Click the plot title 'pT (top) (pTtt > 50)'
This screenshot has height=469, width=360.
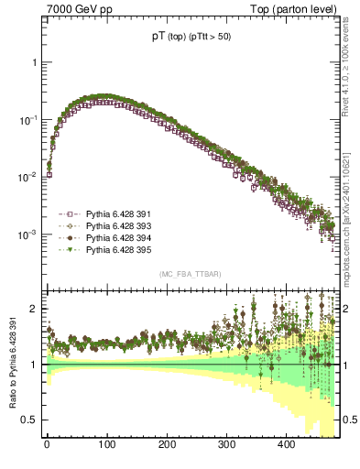193,38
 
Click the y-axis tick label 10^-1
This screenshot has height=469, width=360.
27,120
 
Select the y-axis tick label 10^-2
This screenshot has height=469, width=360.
27,177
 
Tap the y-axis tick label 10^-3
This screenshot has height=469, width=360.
27,234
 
